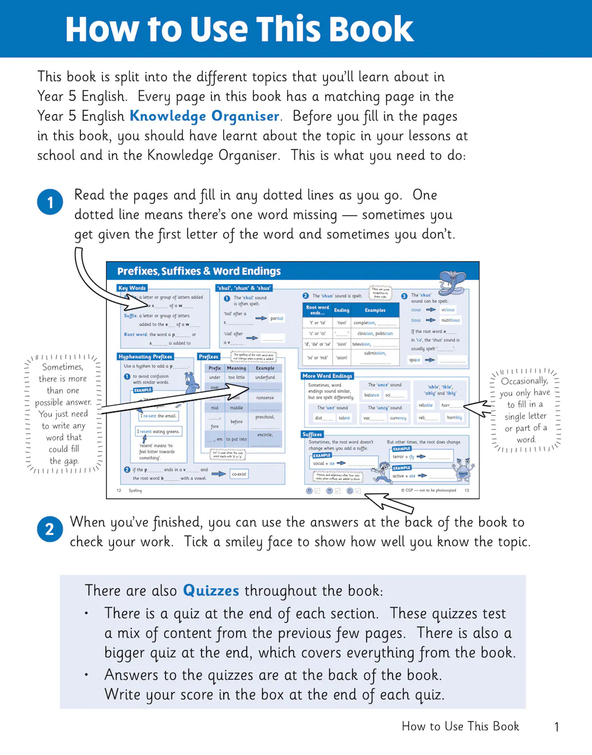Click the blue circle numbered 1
pyautogui.click(x=50, y=202)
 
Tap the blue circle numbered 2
pyautogui.click(x=49, y=529)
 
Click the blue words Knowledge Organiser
pyautogui.click(x=204, y=116)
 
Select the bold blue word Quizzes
pyautogui.click(x=211, y=590)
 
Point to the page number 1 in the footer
pyautogui.click(x=556, y=727)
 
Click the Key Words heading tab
pyautogui.click(x=132, y=288)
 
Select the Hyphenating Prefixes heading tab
pyautogui.click(x=146, y=356)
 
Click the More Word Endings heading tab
pyautogui.click(x=327, y=376)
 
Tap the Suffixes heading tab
pyautogui.click(x=312, y=434)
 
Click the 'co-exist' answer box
pyautogui.click(x=239, y=474)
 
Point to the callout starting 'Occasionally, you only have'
pyautogui.click(x=525, y=410)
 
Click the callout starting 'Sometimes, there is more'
pyautogui.click(x=63, y=414)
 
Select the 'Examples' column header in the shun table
pyautogui.click(x=375, y=310)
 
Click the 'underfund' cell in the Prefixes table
pyautogui.click(x=265, y=377)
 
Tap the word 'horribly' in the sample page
pyautogui.click(x=454, y=417)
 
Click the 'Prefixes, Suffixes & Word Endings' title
pyautogui.click(x=199, y=271)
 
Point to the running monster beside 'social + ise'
pyautogui.click(x=382, y=471)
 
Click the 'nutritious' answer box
pyautogui.click(x=450, y=320)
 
